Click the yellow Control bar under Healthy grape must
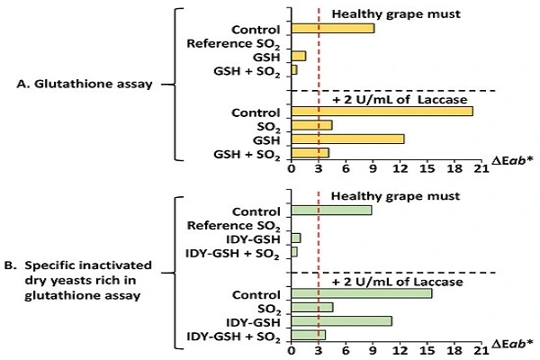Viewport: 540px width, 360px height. click(332, 29)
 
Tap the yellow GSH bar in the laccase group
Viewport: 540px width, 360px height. click(347, 139)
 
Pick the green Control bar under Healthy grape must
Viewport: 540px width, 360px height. click(331, 211)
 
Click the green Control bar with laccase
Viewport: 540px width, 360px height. click(361, 293)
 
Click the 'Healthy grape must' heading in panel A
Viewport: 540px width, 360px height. click(382, 13)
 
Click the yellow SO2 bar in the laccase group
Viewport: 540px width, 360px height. click(311, 125)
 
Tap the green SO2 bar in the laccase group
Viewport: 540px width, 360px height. click(311, 307)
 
